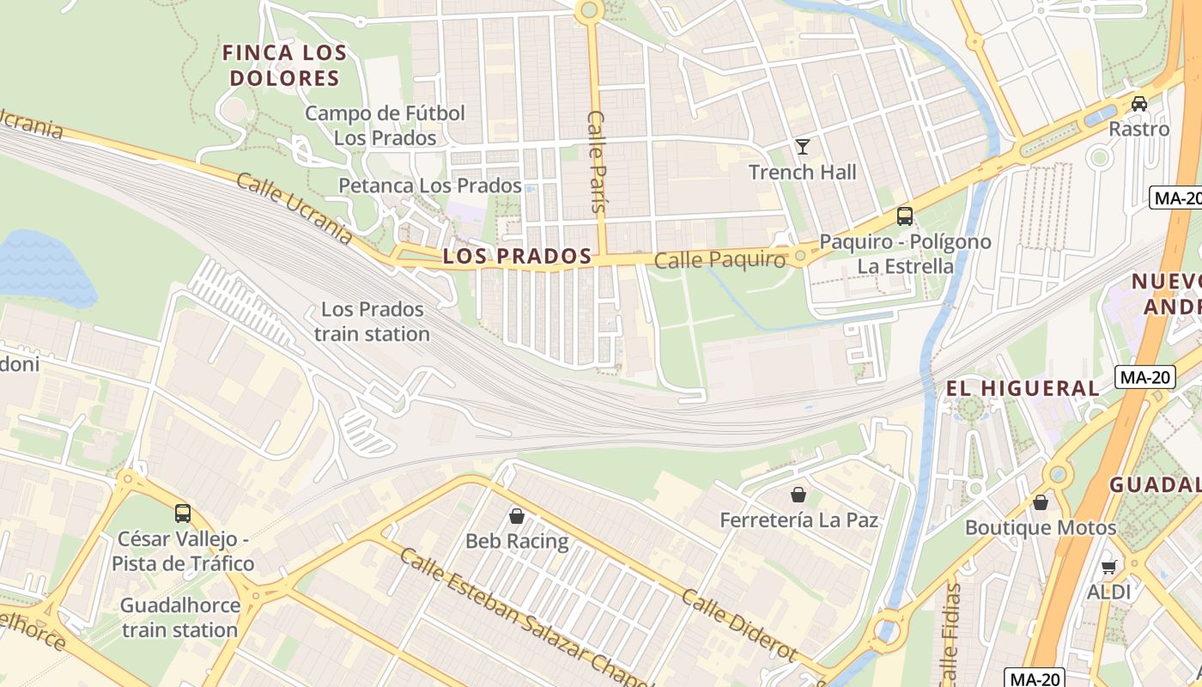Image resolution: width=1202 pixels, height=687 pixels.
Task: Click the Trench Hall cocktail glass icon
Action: [802, 147]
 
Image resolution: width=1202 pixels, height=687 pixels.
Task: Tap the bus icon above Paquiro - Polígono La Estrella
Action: [904, 216]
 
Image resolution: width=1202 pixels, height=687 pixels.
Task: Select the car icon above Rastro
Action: [1138, 104]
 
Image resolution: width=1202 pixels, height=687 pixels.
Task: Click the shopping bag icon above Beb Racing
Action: [516, 516]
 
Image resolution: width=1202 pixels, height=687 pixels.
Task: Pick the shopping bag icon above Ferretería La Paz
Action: [798, 495]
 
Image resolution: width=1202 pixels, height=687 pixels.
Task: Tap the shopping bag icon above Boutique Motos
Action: [1041, 502]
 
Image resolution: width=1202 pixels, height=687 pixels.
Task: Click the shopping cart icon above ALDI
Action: [1108, 567]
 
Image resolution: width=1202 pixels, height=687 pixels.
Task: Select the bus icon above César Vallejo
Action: [182, 514]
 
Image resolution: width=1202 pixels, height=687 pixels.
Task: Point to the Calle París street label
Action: [597, 161]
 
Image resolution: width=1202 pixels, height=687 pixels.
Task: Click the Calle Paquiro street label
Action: [719, 260]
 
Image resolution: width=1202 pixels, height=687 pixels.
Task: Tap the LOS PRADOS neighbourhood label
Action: [517, 256]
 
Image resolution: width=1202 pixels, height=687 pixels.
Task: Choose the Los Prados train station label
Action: [372, 321]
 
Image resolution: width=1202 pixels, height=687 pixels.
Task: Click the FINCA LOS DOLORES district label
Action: [284, 65]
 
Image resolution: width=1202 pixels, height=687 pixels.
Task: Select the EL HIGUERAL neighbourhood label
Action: [1022, 388]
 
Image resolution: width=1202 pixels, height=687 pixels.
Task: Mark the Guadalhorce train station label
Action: [179, 617]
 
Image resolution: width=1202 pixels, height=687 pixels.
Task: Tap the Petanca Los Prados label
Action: [429, 185]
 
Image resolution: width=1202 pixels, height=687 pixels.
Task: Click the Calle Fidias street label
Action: [950, 631]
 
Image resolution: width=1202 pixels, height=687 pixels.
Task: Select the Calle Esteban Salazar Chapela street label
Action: [524, 618]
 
